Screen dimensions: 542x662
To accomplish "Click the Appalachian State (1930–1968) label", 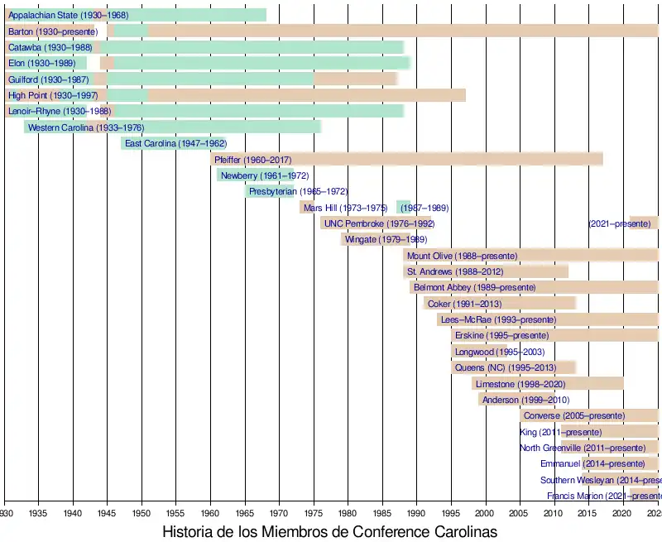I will tap(68, 16).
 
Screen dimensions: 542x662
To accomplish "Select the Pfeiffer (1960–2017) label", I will tap(252, 160).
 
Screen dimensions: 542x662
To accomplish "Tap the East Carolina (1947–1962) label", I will tap(175, 144).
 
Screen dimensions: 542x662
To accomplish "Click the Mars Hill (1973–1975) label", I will tap(345, 208).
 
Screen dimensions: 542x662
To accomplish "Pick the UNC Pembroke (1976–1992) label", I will tap(379, 224).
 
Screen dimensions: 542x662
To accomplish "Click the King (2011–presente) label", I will tap(560, 433).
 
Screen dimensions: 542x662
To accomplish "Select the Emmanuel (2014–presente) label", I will tap(592, 464).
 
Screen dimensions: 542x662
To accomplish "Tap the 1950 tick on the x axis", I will tap(142, 512).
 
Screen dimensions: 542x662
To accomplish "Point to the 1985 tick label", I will tap(381, 512).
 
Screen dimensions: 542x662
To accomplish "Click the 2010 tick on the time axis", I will tap(554, 512).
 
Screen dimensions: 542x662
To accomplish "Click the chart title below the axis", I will tap(329, 532).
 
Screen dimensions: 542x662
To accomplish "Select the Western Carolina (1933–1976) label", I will tap(85, 128).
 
